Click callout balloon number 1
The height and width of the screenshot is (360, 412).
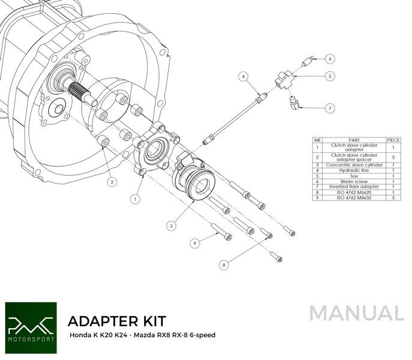coord(136,197)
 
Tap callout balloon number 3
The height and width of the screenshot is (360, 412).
coord(172,226)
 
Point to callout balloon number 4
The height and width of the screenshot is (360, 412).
coord(243,77)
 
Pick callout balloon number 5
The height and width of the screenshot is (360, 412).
coord(330,76)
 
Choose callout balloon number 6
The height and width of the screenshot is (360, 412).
coord(330,59)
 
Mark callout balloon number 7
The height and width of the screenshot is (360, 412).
coord(330,109)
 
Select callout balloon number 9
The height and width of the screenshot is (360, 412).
coord(194,242)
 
